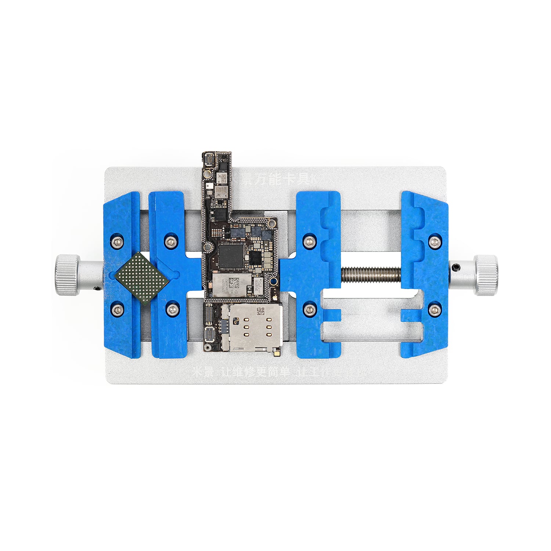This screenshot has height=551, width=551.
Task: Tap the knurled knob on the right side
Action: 486,275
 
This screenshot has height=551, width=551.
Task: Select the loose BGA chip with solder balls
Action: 142,278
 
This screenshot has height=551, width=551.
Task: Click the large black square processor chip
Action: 231,256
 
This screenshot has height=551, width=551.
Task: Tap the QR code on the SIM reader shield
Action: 260,311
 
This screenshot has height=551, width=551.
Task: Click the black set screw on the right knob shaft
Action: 457,266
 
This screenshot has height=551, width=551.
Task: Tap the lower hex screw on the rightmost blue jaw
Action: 435,309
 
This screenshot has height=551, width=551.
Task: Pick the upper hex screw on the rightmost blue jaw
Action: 435,242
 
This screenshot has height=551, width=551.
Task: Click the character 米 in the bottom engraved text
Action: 199,372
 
